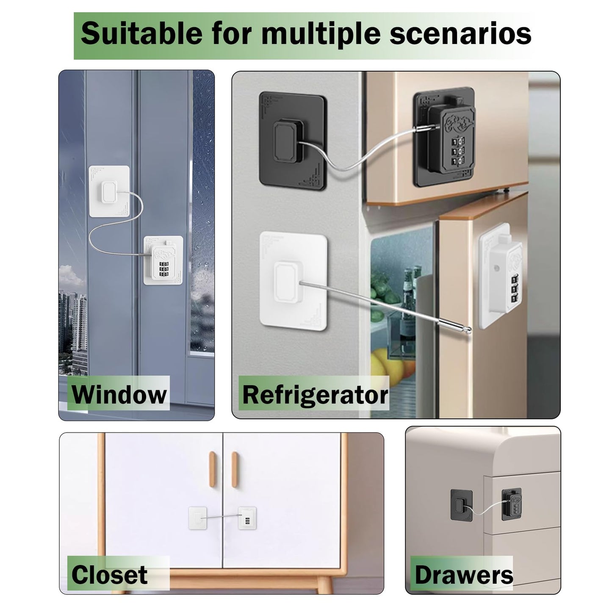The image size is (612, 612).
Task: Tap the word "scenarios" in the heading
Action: [460, 34]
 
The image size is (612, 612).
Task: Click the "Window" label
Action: [119, 394]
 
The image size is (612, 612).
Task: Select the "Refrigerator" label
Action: [315, 395]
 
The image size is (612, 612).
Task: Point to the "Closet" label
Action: [109, 575]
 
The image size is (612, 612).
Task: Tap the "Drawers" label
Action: [464, 575]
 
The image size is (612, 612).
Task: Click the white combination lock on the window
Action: [163, 260]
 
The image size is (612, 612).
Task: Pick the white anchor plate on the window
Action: [109, 191]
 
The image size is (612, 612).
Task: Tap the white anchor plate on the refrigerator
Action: [294, 279]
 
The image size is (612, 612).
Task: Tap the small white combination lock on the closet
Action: [247, 518]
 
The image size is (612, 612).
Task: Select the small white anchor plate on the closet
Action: [197, 518]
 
